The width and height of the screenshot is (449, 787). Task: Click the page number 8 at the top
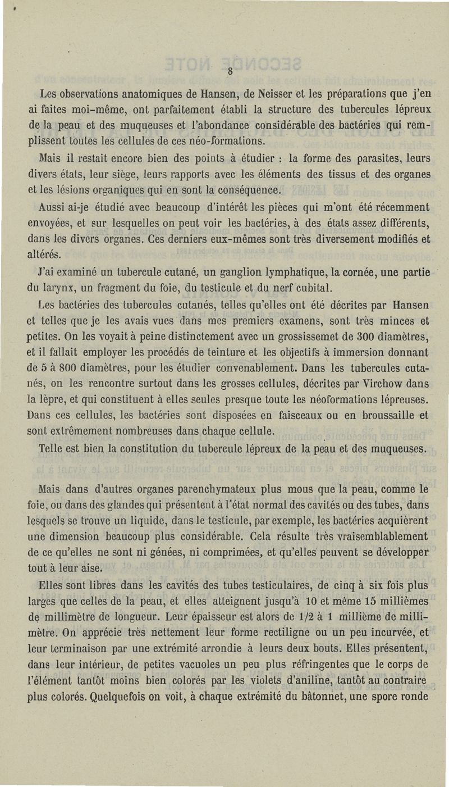pyautogui.click(x=230, y=71)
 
